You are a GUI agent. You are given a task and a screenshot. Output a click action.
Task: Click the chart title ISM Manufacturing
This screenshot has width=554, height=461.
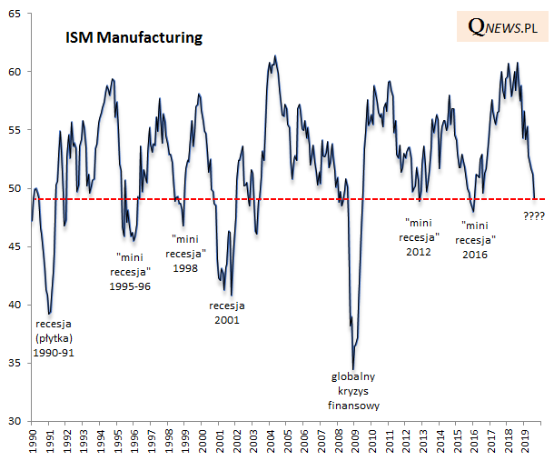coord(133,38)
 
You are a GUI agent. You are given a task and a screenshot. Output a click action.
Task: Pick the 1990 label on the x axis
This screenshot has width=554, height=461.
coord(32,442)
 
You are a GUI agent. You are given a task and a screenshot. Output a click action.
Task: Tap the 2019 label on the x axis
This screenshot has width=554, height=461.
coord(525,442)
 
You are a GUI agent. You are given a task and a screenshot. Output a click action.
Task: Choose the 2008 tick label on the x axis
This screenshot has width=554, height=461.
coord(338,442)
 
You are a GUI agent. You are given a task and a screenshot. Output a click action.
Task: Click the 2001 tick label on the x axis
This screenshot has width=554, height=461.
coord(219,442)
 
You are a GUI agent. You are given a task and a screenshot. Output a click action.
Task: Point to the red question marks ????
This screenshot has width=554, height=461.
coord(536,215)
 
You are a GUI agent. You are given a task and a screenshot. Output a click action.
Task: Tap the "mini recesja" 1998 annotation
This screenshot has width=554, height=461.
coord(186,252)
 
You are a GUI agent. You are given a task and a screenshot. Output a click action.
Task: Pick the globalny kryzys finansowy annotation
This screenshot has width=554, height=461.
coord(352,391)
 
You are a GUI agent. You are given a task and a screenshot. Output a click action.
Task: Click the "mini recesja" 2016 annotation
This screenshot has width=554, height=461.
coord(479,240)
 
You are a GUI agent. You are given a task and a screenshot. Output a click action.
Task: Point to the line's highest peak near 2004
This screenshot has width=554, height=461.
coord(275,55)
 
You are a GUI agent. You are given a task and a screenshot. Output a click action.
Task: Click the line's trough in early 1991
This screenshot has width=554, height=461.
coord(49,314)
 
